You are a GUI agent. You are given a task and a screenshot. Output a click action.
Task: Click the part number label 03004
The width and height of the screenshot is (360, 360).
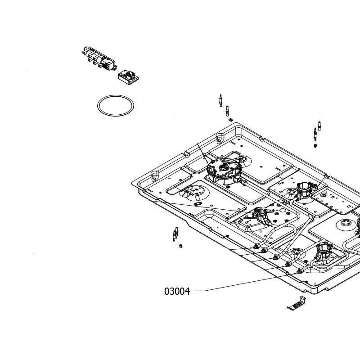177,291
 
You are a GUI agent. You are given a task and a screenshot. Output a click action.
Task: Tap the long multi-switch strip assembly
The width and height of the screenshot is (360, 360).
99,58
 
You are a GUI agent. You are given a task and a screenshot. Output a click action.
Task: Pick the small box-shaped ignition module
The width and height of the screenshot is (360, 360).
128,77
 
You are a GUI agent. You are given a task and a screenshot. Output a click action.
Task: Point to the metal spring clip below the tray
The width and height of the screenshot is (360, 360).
297,303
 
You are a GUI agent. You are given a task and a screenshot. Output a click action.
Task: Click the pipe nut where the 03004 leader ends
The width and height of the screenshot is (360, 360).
300,271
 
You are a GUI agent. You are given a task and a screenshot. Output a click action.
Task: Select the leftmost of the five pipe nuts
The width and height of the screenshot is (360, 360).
256,247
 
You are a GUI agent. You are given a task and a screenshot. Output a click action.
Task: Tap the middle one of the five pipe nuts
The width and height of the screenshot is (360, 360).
276,257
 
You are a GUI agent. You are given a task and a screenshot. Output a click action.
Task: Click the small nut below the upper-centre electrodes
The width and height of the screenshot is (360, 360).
231,120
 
